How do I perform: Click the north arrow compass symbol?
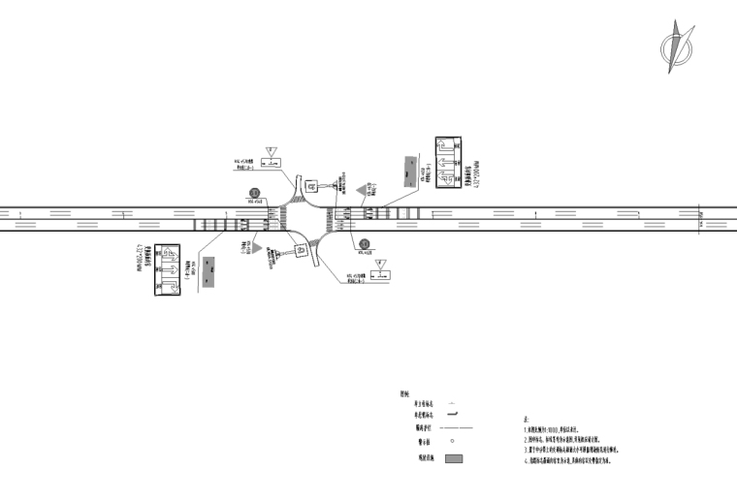[x=678, y=44]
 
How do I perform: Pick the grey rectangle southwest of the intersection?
[x=209, y=267]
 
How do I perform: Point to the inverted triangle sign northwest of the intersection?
[x=273, y=151]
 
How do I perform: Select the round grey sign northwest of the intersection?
[x=254, y=193]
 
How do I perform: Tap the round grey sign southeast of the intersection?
[x=364, y=244]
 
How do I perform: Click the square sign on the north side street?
[x=312, y=185]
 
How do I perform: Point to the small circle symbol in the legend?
[x=452, y=442]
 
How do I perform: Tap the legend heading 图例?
[x=404, y=393]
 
